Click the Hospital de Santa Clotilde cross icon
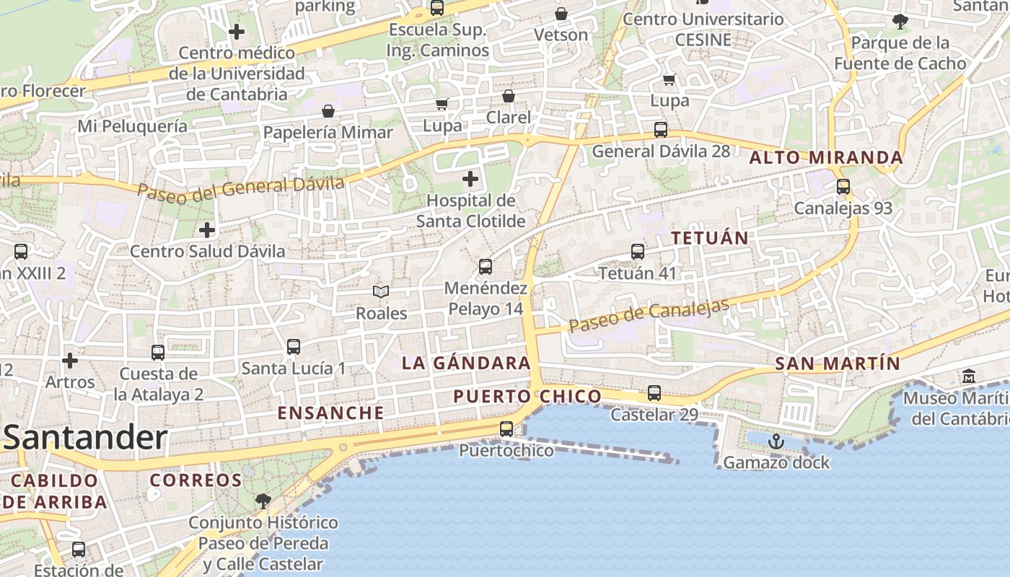pyautogui.click(x=470, y=178)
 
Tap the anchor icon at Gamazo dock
pyautogui.click(x=776, y=441)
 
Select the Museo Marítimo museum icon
pyautogui.click(x=968, y=376)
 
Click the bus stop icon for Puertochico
pyautogui.click(x=506, y=429)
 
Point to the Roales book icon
pyautogui.click(x=381, y=291)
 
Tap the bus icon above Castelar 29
pyautogui.click(x=654, y=393)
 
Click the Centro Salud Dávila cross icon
pyautogui.click(x=207, y=230)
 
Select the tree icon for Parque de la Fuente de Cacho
pyautogui.click(x=900, y=22)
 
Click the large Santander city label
pyautogui.click(x=85, y=438)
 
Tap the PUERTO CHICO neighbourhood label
pyautogui.click(x=527, y=396)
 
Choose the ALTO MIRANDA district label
pyautogui.click(x=827, y=157)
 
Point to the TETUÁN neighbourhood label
pyautogui.click(x=710, y=237)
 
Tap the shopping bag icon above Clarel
pyautogui.click(x=509, y=96)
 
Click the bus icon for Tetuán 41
pyautogui.click(x=638, y=252)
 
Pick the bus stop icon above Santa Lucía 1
pyautogui.click(x=294, y=347)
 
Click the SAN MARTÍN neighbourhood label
pyautogui.click(x=838, y=364)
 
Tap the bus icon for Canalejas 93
pyautogui.click(x=843, y=187)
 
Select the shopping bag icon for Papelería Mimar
pyautogui.click(x=328, y=111)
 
